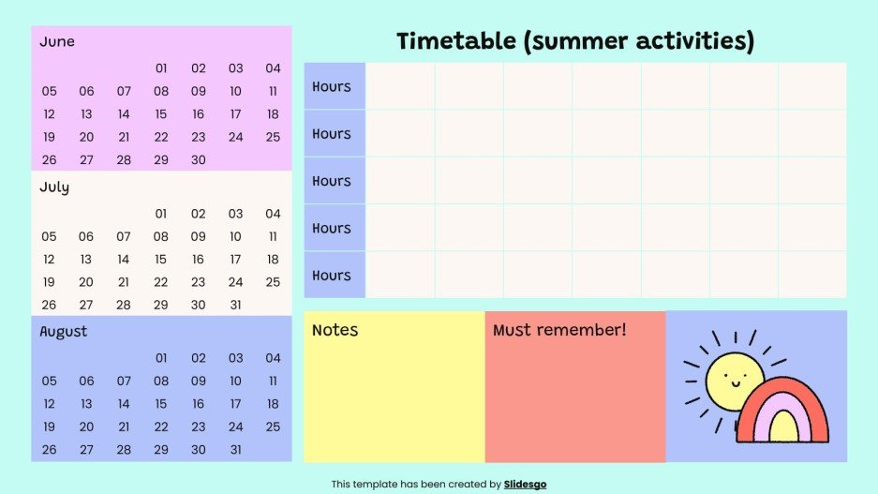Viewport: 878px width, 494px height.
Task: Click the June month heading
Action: [x=57, y=42]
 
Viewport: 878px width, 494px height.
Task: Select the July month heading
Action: [x=54, y=187]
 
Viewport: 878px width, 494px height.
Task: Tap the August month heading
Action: [x=64, y=331]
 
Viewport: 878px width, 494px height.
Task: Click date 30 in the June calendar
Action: [x=199, y=160]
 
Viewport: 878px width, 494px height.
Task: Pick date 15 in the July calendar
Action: [x=161, y=260]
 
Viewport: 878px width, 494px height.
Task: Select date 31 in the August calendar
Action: [x=235, y=450]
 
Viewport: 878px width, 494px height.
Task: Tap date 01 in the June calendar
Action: [x=161, y=68]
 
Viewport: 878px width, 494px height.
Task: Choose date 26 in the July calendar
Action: [x=49, y=305]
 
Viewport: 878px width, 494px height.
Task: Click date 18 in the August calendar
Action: [x=273, y=404]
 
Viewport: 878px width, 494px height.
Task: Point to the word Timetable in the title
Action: [x=454, y=41]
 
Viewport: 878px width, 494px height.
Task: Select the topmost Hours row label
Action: [x=332, y=86]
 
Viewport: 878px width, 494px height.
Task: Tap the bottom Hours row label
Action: [x=332, y=276]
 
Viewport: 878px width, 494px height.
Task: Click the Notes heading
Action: [x=335, y=330]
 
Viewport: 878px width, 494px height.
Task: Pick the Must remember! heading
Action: [x=559, y=330]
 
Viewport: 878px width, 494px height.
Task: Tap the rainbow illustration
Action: [x=784, y=413]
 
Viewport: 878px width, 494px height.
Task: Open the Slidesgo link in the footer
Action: [x=525, y=485]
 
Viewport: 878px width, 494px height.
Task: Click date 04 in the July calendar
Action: [x=273, y=214]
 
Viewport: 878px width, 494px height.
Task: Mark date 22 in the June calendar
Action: [x=161, y=137]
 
